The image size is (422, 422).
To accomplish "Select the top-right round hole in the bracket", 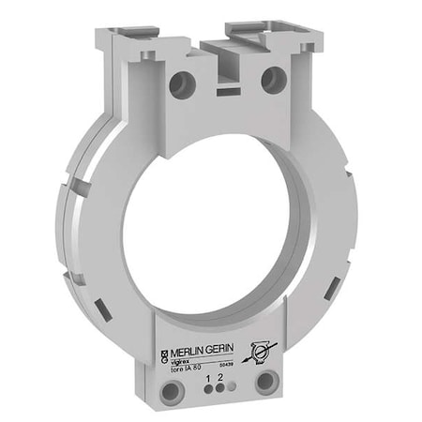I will point(273,78).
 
